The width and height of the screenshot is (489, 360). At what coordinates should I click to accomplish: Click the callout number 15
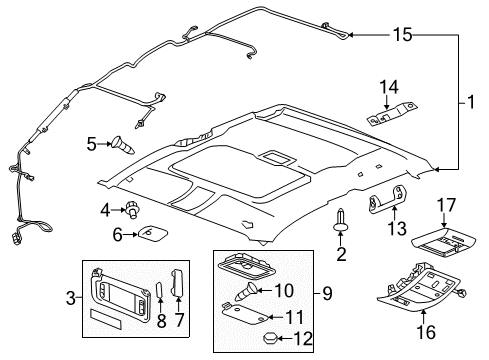[401, 36]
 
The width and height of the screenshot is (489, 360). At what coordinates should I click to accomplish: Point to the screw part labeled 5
[124, 145]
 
